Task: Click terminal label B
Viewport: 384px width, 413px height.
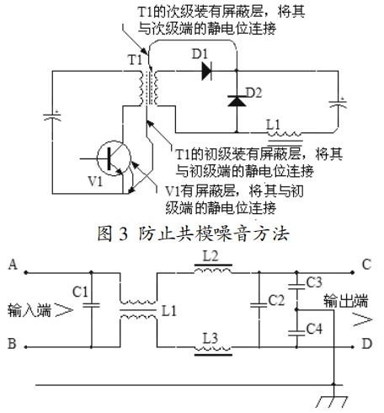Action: [x=11, y=345]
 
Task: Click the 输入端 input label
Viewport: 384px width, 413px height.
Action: [x=31, y=309]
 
